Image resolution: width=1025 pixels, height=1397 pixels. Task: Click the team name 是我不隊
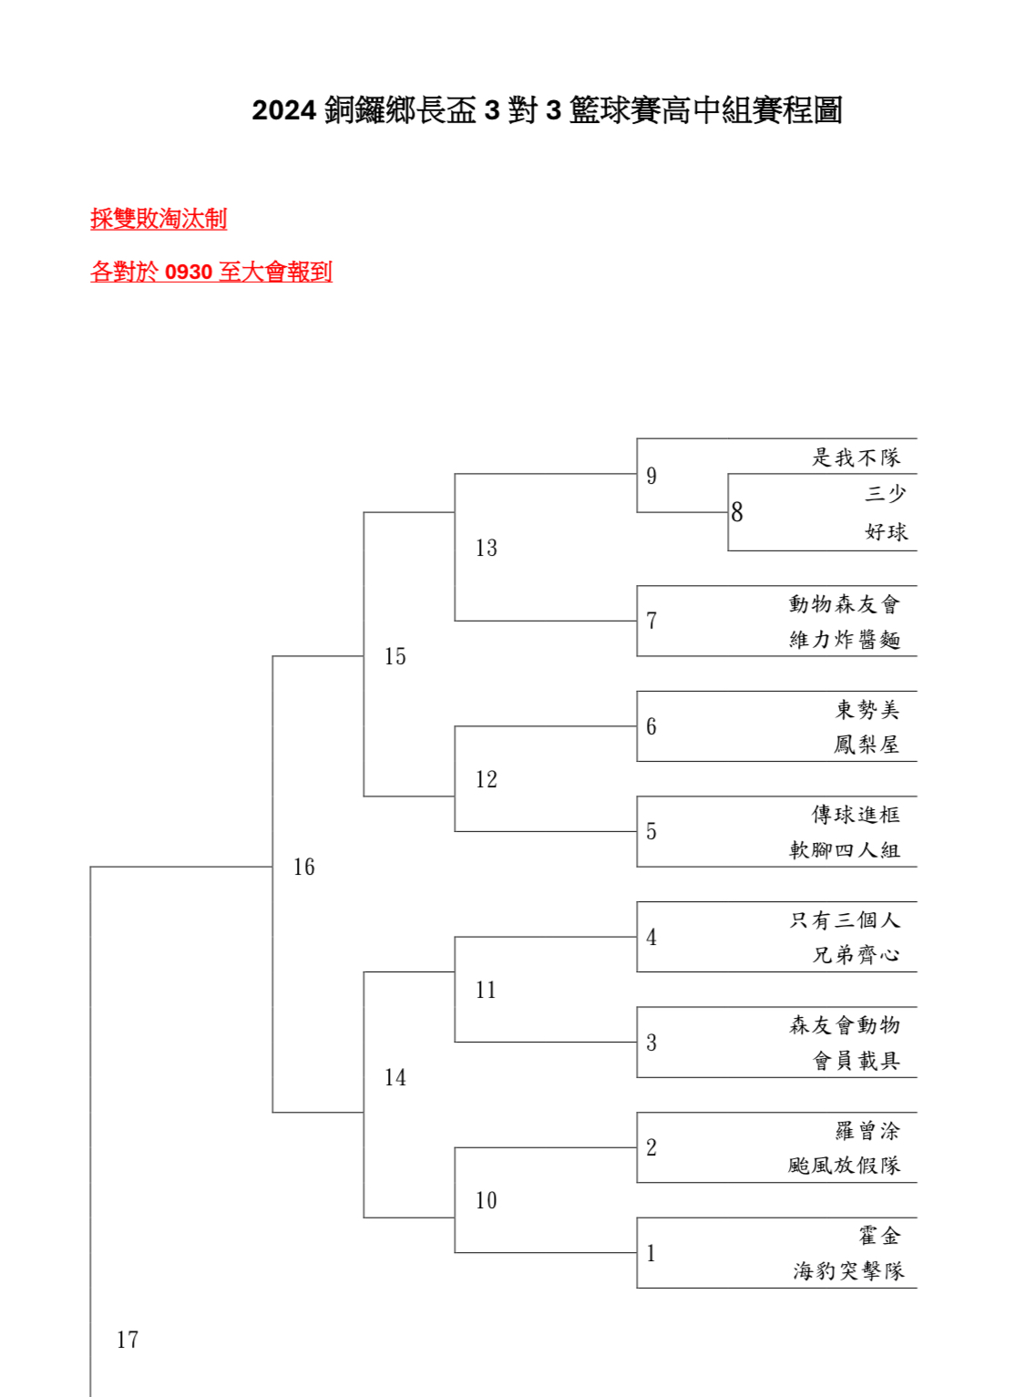856,457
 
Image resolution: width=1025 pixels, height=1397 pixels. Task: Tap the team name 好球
886,531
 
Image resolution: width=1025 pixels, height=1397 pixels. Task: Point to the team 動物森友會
845,603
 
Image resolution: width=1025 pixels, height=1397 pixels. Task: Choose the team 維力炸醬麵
845,639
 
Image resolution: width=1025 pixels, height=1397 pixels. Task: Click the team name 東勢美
867,709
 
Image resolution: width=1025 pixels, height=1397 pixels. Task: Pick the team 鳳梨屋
866,744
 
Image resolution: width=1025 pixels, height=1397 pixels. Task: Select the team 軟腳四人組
845,849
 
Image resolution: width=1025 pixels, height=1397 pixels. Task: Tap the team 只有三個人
845,919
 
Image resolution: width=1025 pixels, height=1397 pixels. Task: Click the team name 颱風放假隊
845,1165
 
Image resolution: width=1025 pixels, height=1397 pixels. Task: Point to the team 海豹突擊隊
848,1270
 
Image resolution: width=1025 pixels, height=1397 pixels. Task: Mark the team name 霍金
879,1236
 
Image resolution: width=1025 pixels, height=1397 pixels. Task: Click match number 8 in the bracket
737,512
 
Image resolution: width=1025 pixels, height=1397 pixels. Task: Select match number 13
487,548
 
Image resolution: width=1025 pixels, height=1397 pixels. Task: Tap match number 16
304,867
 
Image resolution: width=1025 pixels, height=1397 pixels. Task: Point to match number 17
128,1340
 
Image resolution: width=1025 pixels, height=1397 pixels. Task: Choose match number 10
487,1200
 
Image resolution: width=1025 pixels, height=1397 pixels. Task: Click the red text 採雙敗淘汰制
159,219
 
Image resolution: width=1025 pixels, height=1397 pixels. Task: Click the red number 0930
189,272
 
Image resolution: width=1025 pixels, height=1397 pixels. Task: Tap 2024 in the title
283,110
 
